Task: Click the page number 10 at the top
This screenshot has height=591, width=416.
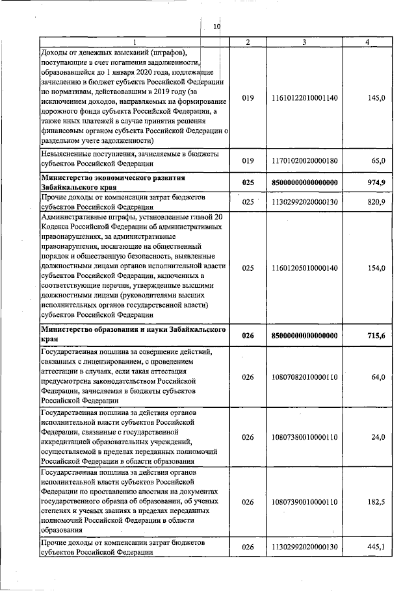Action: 217,27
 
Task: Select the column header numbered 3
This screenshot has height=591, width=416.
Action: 304,42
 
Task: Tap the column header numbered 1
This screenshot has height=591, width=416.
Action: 135,42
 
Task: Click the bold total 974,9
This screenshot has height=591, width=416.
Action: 376,182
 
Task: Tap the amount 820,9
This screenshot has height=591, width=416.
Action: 376,203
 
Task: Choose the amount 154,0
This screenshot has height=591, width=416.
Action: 376,268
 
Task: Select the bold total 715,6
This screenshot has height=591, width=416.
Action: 376,335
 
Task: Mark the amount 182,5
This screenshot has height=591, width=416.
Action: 376,502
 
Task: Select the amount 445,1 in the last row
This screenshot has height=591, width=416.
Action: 376,547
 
